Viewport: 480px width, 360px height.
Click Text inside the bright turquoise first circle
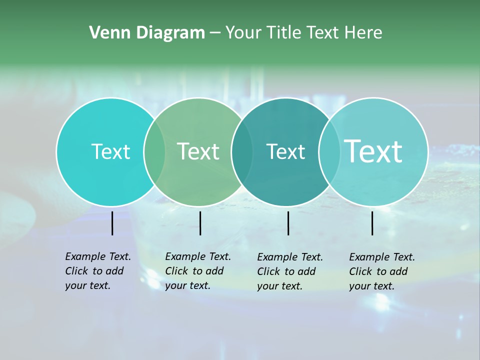pos(110,151)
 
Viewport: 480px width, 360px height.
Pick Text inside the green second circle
pos(198,151)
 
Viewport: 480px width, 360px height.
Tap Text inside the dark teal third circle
pos(285,151)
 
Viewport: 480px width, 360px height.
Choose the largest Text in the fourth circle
pos(373,151)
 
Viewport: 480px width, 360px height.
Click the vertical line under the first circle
pos(112,223)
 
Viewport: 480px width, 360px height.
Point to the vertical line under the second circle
pos(200,223)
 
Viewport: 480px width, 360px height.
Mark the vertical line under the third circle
pos(288,223)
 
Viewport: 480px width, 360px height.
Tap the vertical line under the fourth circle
pos(372,223)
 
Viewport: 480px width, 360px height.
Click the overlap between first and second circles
pos(154,151)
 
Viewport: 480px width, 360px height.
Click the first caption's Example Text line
pos(98,256)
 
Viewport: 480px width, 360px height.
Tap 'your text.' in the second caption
pos(187,285)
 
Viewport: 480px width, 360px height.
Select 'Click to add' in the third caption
pos(286,271)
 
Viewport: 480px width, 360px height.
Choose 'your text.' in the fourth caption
pos(371,286)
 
